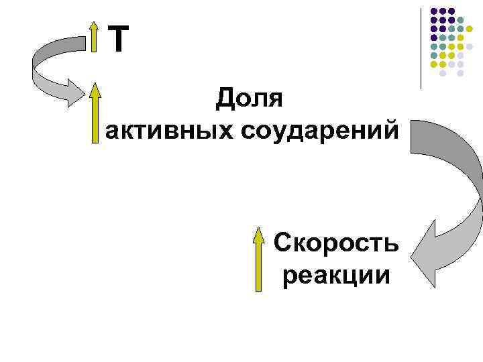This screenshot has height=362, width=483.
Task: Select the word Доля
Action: click(x=250, y=99)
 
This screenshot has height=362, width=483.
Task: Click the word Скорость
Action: click(x=337, y=243)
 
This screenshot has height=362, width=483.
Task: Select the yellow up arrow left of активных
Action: click(x=95, y=113)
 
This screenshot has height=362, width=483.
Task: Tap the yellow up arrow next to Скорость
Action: click(x=259, y=258)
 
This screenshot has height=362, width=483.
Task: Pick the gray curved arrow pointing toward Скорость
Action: click(x=449, y=194)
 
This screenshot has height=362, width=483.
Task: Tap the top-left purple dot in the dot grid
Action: click(x=434, y=11)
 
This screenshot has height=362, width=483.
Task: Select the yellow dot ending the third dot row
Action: click(x=469, y=29)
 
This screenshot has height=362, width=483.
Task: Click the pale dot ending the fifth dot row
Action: click(x=469, y=47)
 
